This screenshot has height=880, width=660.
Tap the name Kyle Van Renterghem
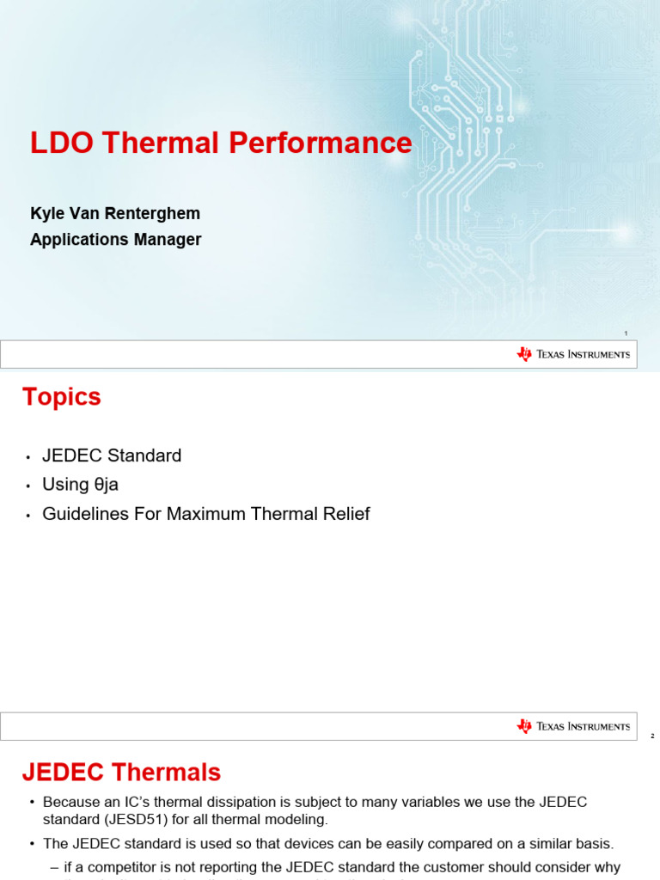tap(115, 212)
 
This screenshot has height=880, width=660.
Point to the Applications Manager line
tap(115, 240)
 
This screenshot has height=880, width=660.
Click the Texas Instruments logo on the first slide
tap(573, 354)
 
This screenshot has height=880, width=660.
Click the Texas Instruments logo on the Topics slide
tap(573, 726)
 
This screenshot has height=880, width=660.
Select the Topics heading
tap(61, 397)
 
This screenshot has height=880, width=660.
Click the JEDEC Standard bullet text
tap(112, 455)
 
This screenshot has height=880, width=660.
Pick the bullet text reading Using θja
tap(80, 485)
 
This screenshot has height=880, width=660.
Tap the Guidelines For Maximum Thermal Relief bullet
tap(206, 514)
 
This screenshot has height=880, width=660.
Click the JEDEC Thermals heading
tap(121, 773)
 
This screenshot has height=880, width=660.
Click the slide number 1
tap(626, 333)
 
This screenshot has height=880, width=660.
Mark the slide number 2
tap(652, 736)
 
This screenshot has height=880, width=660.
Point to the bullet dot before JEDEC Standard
tap(28, 456)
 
